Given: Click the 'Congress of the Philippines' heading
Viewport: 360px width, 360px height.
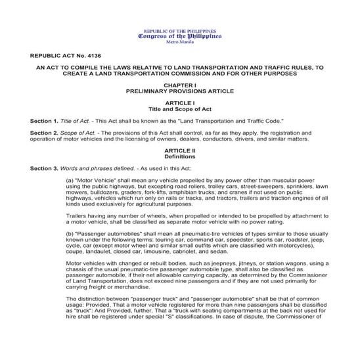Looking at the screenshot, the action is pyautogui.click(x=180, y=36).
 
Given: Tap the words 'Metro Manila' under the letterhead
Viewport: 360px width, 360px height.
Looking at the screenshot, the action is pyautogui.click(x=180, y=42).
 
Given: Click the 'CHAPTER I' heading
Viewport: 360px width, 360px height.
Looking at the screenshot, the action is pyautogui.click(x=180, y=86).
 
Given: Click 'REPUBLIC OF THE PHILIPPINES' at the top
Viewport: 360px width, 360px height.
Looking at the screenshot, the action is pyautogui.click(x=180, y=31).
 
